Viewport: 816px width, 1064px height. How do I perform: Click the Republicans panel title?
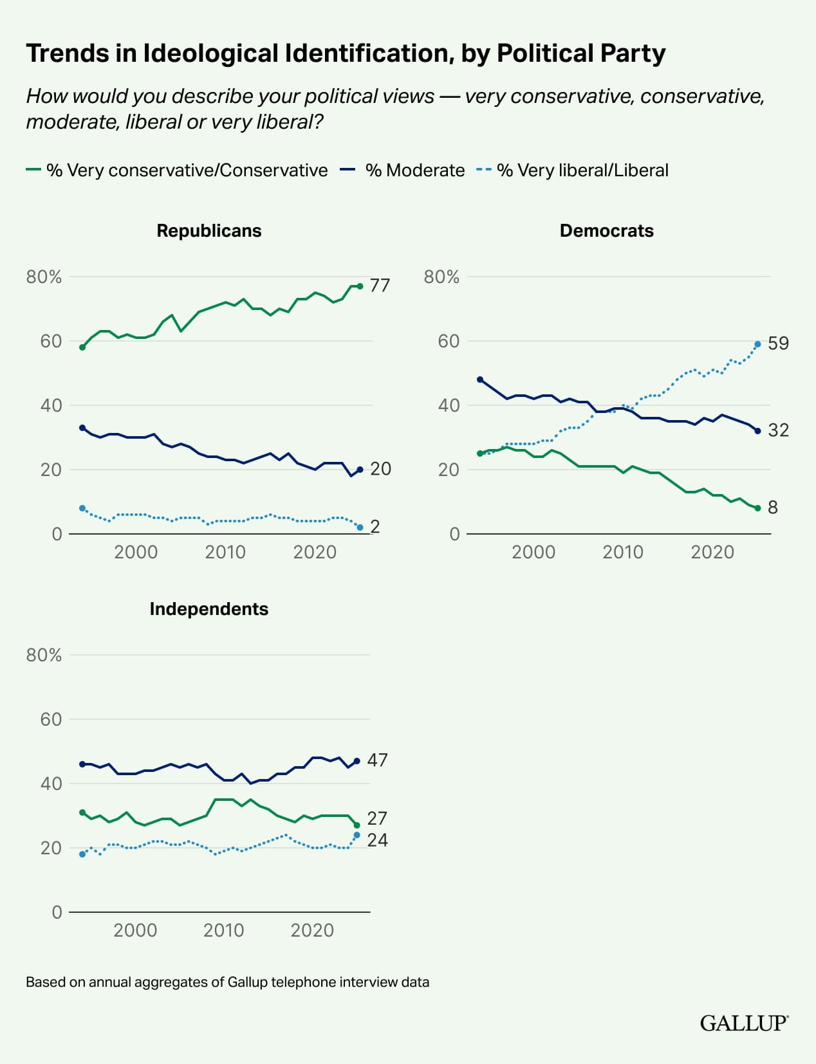209,231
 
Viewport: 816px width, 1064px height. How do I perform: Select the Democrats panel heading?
606,231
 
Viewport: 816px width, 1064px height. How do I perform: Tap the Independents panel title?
209,609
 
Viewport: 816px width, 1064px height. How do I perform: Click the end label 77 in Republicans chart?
380,285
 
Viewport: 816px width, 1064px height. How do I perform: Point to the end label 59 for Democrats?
778,344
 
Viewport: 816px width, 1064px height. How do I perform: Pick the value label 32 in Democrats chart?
778,430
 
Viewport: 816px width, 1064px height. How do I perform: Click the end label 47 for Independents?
377,760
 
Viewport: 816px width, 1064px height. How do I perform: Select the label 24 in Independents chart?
377,840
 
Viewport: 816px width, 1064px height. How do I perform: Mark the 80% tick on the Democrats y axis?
441,277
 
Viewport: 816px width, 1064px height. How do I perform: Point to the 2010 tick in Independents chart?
223,930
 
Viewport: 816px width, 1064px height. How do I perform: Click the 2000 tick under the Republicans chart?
136,552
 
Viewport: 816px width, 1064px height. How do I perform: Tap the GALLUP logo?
744,1023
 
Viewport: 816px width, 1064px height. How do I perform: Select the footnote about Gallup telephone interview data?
227,982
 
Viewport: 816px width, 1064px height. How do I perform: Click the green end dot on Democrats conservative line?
757,508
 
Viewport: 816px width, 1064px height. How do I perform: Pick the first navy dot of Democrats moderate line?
479,380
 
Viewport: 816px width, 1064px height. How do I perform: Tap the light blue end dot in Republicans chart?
360,527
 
